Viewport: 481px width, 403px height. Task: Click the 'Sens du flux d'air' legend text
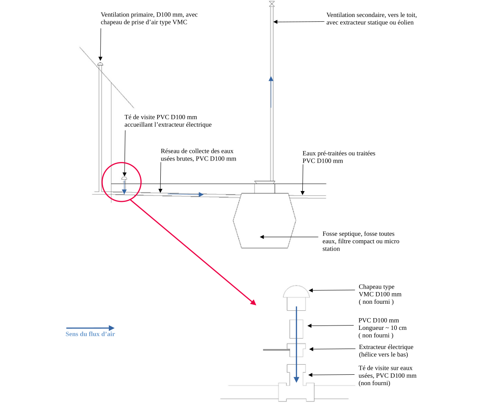[90, 334]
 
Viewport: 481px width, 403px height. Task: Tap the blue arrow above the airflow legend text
[90, 328]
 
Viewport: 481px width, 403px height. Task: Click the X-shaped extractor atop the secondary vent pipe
[272, 4]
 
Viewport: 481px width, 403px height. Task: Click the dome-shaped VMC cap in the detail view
[296, 292]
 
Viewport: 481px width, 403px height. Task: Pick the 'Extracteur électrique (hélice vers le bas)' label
[386, 351]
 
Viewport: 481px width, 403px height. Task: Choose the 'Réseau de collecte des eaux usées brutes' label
[198, 155]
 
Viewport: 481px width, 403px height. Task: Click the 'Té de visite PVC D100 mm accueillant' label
[168, 121]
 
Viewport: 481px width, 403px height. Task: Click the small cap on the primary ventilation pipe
[101, 64]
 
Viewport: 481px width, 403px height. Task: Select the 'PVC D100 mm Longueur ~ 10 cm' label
[382, 328]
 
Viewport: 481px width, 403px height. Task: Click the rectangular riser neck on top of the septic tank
[265, 187]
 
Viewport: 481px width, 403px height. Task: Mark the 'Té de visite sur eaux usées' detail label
[387, 376]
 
